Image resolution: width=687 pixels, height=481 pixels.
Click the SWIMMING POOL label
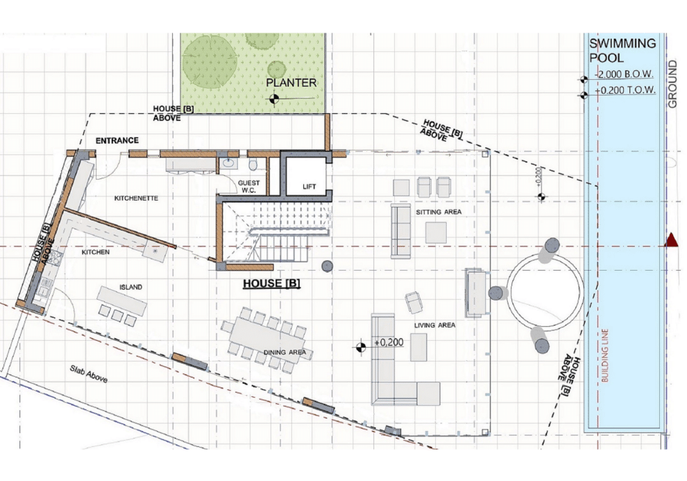click(x=622, y=51)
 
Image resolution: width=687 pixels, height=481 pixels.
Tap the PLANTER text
click(x=291, y=83)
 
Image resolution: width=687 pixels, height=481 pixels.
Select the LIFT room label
click(x=309, y=187)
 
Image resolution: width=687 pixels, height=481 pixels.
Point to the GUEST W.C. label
click(x=248, y=187)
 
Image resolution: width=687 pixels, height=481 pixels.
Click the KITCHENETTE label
click(x=136, y=198)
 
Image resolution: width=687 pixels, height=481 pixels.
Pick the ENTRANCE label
click(x=117, y=140)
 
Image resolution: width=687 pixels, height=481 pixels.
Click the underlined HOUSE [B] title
click(x=271, y=283)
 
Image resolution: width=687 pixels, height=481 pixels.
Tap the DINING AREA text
click(x=285, y=352)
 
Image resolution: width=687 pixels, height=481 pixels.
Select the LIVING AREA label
click(x=434, y=325)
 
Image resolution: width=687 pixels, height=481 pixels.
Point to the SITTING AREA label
click(x=439, y=212)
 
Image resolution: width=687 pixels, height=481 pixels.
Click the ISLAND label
click(x=131, y=287)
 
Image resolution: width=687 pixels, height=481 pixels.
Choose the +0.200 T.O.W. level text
click(x=625, y=90)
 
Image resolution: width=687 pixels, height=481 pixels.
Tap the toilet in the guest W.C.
click(x=253, y=164)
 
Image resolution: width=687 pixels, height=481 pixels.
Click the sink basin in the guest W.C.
click(x=228, y=163)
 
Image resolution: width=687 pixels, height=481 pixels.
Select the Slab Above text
click(x=89, y=373)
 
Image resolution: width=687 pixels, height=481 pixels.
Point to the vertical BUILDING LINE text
click(x=606, y=355)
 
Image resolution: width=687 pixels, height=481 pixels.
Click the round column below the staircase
click(x=327, y=266)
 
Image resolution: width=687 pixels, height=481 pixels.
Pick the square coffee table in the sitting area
click(x=436, y=233)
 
